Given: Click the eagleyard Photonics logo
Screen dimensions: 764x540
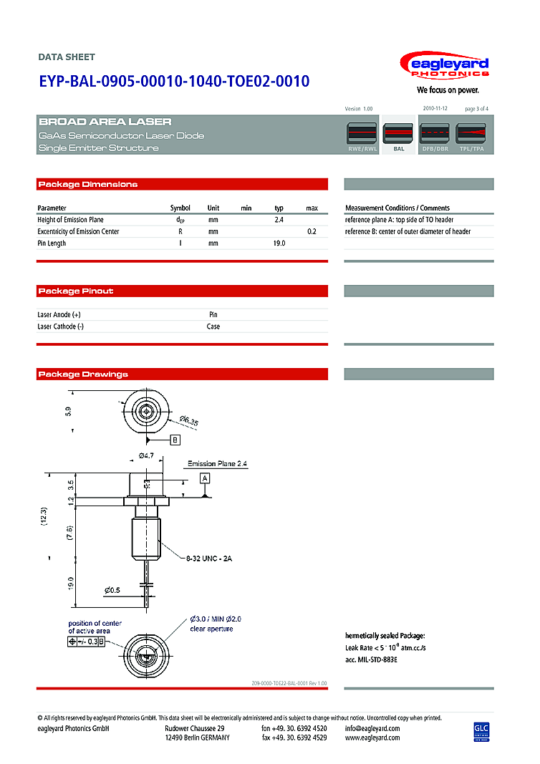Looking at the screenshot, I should [449, 67].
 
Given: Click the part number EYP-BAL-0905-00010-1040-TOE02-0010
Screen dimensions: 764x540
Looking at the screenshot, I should [174, 82].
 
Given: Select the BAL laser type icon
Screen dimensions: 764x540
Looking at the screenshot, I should [399, 134].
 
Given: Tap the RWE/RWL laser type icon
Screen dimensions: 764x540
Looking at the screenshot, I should [362, 134].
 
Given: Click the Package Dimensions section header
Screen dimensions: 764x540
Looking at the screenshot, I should [88, 185].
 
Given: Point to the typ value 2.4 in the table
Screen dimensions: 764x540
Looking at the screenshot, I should [279, 220].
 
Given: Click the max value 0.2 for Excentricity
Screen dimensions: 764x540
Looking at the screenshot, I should [312, 232].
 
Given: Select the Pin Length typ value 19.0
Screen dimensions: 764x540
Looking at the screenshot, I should [279, 243].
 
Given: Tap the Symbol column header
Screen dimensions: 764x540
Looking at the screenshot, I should [180, 208].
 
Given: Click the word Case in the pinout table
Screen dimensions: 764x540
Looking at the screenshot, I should [213, 327].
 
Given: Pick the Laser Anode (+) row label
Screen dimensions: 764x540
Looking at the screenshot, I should [59, 314].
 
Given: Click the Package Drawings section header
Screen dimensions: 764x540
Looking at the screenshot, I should [83, 374].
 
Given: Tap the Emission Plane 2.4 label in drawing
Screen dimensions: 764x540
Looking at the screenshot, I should [218, 464].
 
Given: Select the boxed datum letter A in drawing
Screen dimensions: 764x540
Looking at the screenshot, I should [205, 477].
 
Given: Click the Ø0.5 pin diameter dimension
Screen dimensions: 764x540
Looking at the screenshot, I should [112, 590].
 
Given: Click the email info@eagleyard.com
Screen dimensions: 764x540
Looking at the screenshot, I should [372, 728].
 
